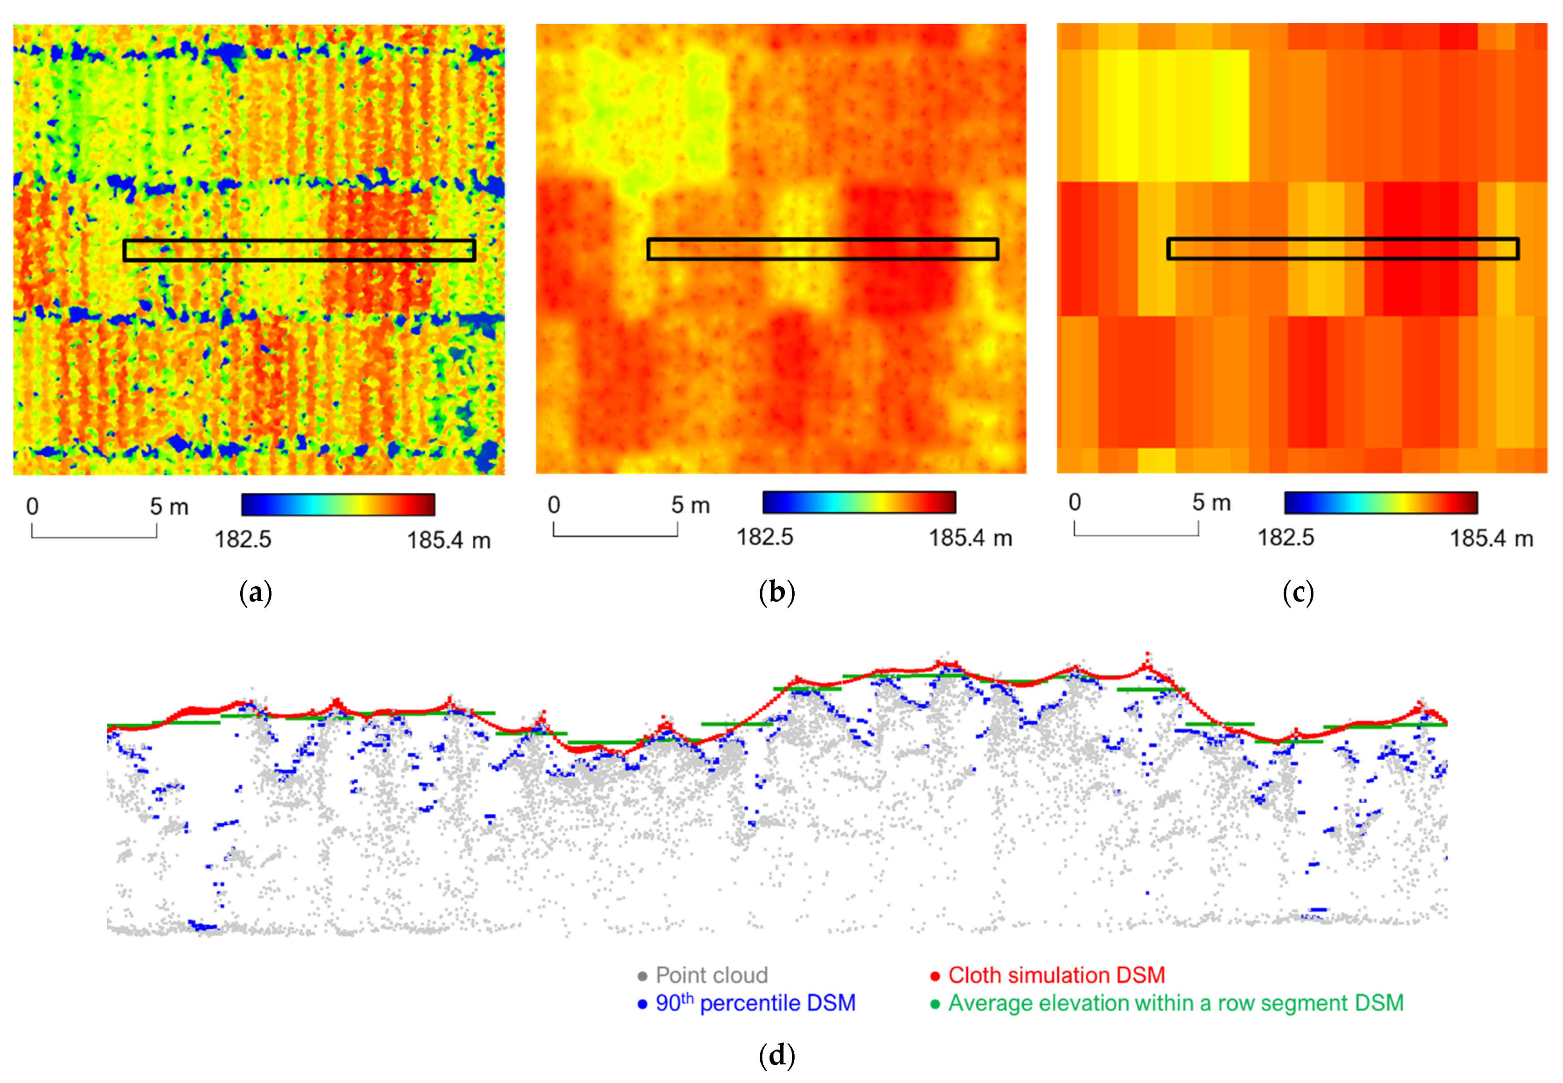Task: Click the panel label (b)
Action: tap(777, 593)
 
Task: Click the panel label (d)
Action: tap(777, 1055)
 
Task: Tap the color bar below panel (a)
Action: tap(338, 505)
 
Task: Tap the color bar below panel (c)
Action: tap(1381, 503)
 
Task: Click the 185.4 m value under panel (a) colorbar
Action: tap(448, 541)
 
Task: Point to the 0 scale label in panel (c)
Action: tap(1074, 502)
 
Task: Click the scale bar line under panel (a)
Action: tap(94, 537)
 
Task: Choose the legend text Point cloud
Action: tap(711, 975)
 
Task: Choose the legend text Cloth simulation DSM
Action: tap(1056, 975)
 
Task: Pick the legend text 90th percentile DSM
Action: tap(755, 1003)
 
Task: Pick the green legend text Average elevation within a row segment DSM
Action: tap(1175, 1003)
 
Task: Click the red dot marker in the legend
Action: tap(935, 976)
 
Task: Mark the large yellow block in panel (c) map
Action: tap(1173, 115)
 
